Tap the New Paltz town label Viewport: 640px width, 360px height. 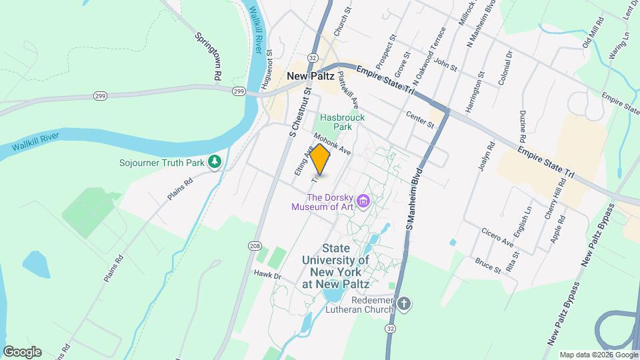pyautogui.click(x=310, y=76)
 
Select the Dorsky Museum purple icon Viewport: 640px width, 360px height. pyautogui.click(x=363, y=200)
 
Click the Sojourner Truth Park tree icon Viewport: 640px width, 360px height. pyautogui.click(x=215, y=161)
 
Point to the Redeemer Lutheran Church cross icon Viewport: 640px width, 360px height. pyautogui.click(x=403, y=305)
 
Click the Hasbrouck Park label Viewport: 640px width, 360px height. pyautogui.click(x=342, y=121)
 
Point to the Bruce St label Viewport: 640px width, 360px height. pyautogui.click(x=488, y=265)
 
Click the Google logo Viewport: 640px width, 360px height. pyautogui.click(x=21, y=351)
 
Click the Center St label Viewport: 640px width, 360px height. pyautogui.click(x=420, y=120)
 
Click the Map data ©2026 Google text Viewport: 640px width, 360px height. pyautogui.click(x=597, y=355)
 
